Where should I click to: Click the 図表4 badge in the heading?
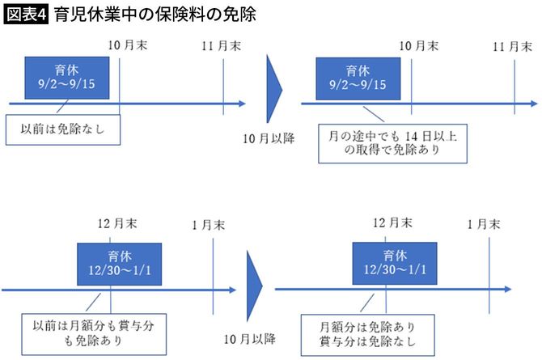click(26, 15)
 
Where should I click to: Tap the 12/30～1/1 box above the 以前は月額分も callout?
click(119, 263)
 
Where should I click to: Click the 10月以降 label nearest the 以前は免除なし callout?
click(269, 138)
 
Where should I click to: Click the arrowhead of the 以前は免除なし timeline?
click(240, 104)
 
